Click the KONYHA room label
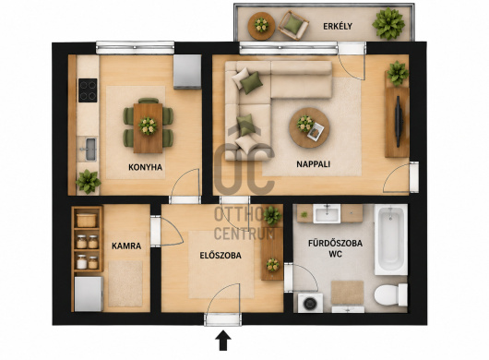pyautogui.click(x=146, y=167)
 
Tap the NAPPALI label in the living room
pyautogui.click(x=313, y=164)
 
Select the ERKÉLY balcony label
pyautogui.click(x=338, y=26)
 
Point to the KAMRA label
pyautogui.click(x=126, y=246)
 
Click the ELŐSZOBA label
pyautogui.click(x=221, y=255)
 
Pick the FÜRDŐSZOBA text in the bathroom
pyautogui.click(x=335, y=243)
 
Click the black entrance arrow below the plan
pyautogui.click(x=223, y=341)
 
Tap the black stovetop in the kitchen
pyautogui.click(x=88, y=90)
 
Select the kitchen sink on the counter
pyautogui.click(x=90, y=150)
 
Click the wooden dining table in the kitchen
pyautogui.click(x=148, y=128)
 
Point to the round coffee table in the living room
pyautogui.click(x=309, y=128)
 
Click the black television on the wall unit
pyautogui.click(x=399, y=121)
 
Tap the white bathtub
pyautogui.click(x=391, y=239)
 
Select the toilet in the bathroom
pyautogui.click(x=391, y=294)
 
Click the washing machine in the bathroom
pyautogui.click(x=310, y=303)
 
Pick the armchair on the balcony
pyautogui.click(x=293, y=25)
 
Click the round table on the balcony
pyautogui.click(x=261, y=26)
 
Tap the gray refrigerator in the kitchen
pyautogui.click(x=187, y=72)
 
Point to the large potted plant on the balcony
pyautogui.click(x=388, y=23)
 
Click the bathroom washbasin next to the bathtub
pyautogui.click(x=327, y=214)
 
